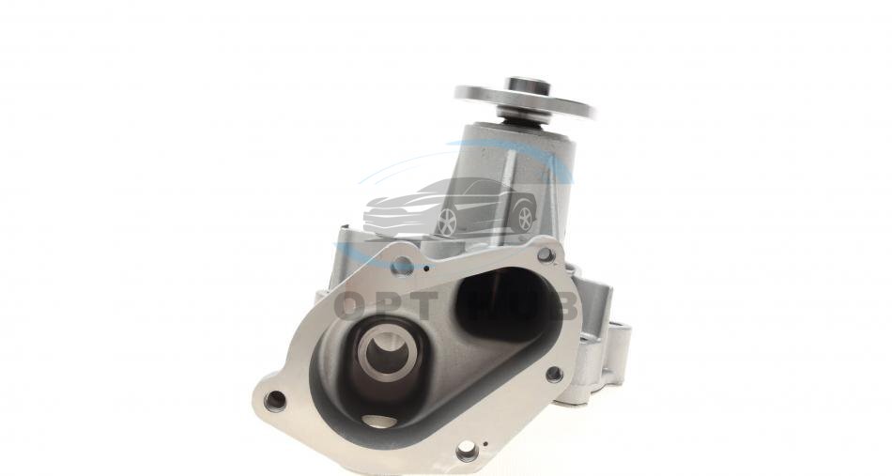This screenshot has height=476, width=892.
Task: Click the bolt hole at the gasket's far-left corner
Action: click(x=275, y=400)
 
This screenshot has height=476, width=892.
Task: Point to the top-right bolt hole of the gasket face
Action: click(x=546, y=254)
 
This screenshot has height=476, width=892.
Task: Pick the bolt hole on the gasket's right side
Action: click(x=554, y=374)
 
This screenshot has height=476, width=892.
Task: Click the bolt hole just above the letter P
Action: click(x=403, y=265)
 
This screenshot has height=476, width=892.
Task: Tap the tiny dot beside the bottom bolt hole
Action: click(x=484, y=444)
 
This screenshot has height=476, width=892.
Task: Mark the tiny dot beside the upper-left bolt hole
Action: click(x=426, y=268)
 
